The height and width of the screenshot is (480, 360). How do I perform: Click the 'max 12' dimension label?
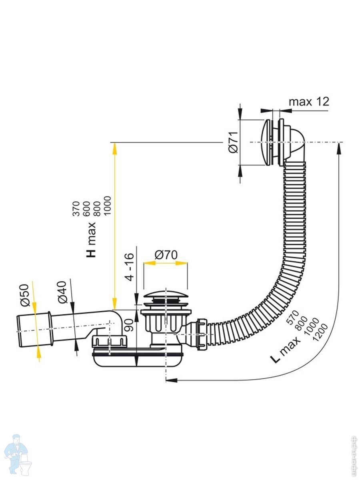coord(309,102)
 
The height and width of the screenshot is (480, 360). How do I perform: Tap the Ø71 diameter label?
coord(233,142)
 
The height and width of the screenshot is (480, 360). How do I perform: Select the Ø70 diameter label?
coord(166,254)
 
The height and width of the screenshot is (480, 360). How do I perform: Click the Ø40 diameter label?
coord(62,292)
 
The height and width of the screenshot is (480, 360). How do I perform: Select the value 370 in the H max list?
coord(76,209)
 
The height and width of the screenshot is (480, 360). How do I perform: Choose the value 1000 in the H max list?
coord(108,206)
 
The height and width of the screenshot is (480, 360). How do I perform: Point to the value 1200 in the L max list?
coord(320,332)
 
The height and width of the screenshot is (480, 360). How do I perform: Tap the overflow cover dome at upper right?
coord(266,142)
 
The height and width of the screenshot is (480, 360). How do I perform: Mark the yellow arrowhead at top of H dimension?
coord(114,149)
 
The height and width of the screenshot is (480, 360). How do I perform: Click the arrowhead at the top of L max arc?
coord(338,148)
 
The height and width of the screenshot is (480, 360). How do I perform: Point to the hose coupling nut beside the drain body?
coord(202,334)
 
